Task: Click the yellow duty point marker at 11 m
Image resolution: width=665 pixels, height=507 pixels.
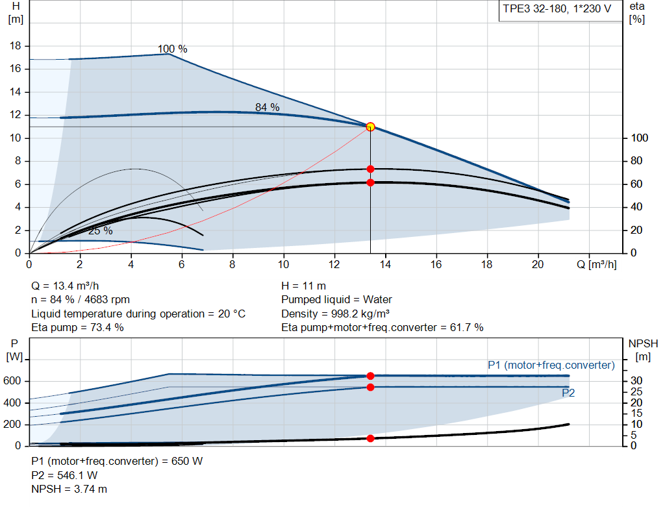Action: (370, 127)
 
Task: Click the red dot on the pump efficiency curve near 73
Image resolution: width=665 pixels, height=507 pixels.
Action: (370, 169)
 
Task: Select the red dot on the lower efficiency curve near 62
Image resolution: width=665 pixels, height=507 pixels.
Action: (370, 182)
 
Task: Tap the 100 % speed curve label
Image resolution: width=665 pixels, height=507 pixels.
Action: (172, 49)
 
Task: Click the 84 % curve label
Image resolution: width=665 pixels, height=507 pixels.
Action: (267, 107)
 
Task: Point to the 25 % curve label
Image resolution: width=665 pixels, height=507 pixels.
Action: (100, 231)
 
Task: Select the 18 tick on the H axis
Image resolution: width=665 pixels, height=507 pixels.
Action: (17, 46)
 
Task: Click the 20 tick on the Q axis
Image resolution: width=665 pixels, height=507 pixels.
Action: (538, 265)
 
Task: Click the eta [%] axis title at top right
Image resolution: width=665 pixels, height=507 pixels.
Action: (636, 12)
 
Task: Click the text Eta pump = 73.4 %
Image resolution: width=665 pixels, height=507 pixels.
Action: (77, 327)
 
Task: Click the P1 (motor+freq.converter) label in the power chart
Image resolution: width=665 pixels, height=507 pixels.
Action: (551, 365)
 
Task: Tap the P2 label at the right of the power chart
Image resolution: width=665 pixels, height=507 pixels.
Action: (568, 393)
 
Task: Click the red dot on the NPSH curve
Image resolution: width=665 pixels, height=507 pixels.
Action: (370, 438)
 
